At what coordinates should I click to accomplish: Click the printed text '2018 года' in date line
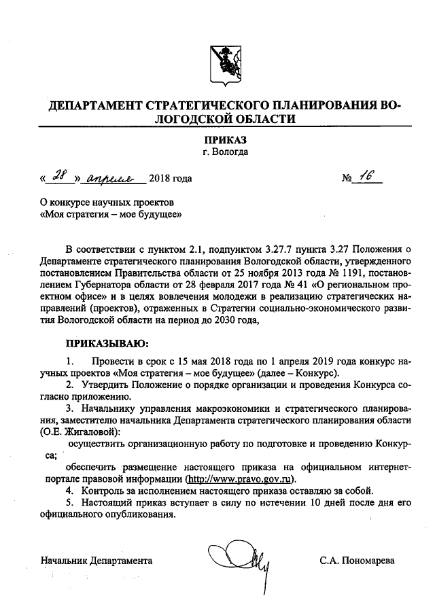tap(170, 179)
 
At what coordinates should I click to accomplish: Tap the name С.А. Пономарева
tap(357, 561)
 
